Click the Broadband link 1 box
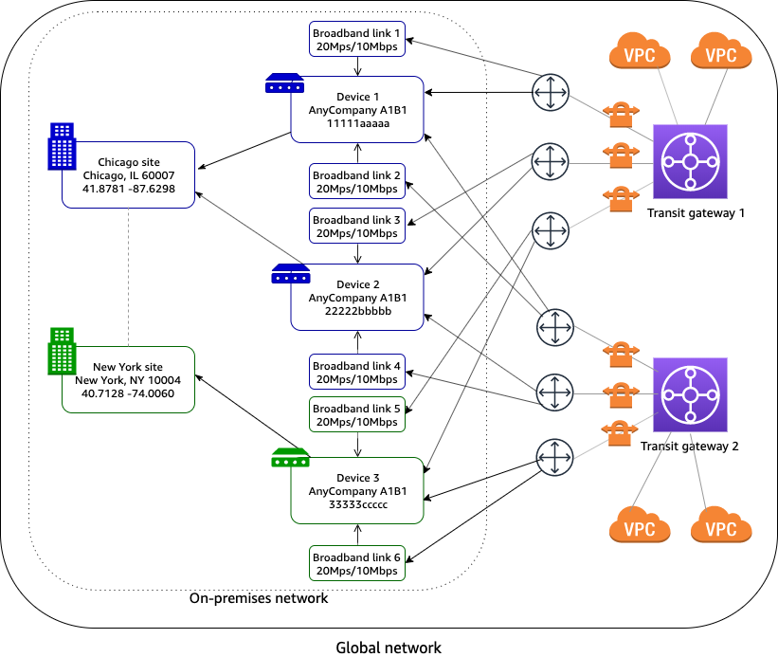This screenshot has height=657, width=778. (x=357, y=39)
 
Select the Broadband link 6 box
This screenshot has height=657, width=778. (x=357, y=563)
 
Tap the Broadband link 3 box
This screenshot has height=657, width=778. (x=357, y=227)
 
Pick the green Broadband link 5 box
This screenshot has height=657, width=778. (x=357, y=415)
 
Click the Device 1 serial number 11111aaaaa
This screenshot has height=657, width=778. (x=357, y=123)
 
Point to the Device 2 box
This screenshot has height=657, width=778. (x=357, y=297)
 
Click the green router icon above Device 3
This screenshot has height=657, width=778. (x=290, y=457)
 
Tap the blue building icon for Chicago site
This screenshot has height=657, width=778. (x=63, y=146)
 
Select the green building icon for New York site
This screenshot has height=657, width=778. (x=63, y=352)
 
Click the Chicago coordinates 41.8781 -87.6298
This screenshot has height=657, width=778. (x=128, y=189)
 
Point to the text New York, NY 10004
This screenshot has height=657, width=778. (x=128, y=380)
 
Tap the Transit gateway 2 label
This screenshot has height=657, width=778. (x=689, y=447)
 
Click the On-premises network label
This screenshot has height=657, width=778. (x=259, y=598)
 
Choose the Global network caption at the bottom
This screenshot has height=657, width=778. (x=389, y=648)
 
